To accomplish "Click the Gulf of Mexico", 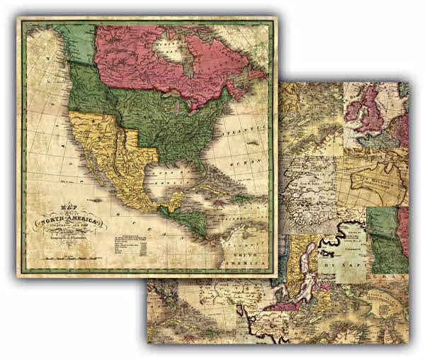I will [170, 177].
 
